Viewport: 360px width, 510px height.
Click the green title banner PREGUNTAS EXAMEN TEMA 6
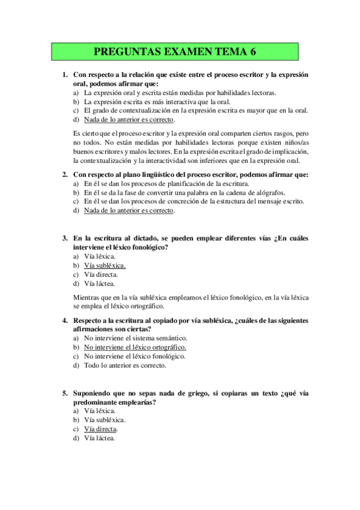tap(175, 52)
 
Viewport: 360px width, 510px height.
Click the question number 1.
tap(64, 75)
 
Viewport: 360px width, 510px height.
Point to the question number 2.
tap(64, 174)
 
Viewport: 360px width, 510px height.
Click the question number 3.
tap(64, 238)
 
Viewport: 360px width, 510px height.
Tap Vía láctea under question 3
tap(100, 283)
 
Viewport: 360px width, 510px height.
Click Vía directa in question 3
tap(101, 274)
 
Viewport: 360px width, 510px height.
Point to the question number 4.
tap(64, 321)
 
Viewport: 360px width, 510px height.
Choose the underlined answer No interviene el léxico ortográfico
tap(135, 347)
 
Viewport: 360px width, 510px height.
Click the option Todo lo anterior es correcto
tap(125, 365)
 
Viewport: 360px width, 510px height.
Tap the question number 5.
tap(64, 393)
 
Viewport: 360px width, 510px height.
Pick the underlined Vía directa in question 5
tap(100, 429)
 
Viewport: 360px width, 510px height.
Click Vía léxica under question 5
tap(100, 411)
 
